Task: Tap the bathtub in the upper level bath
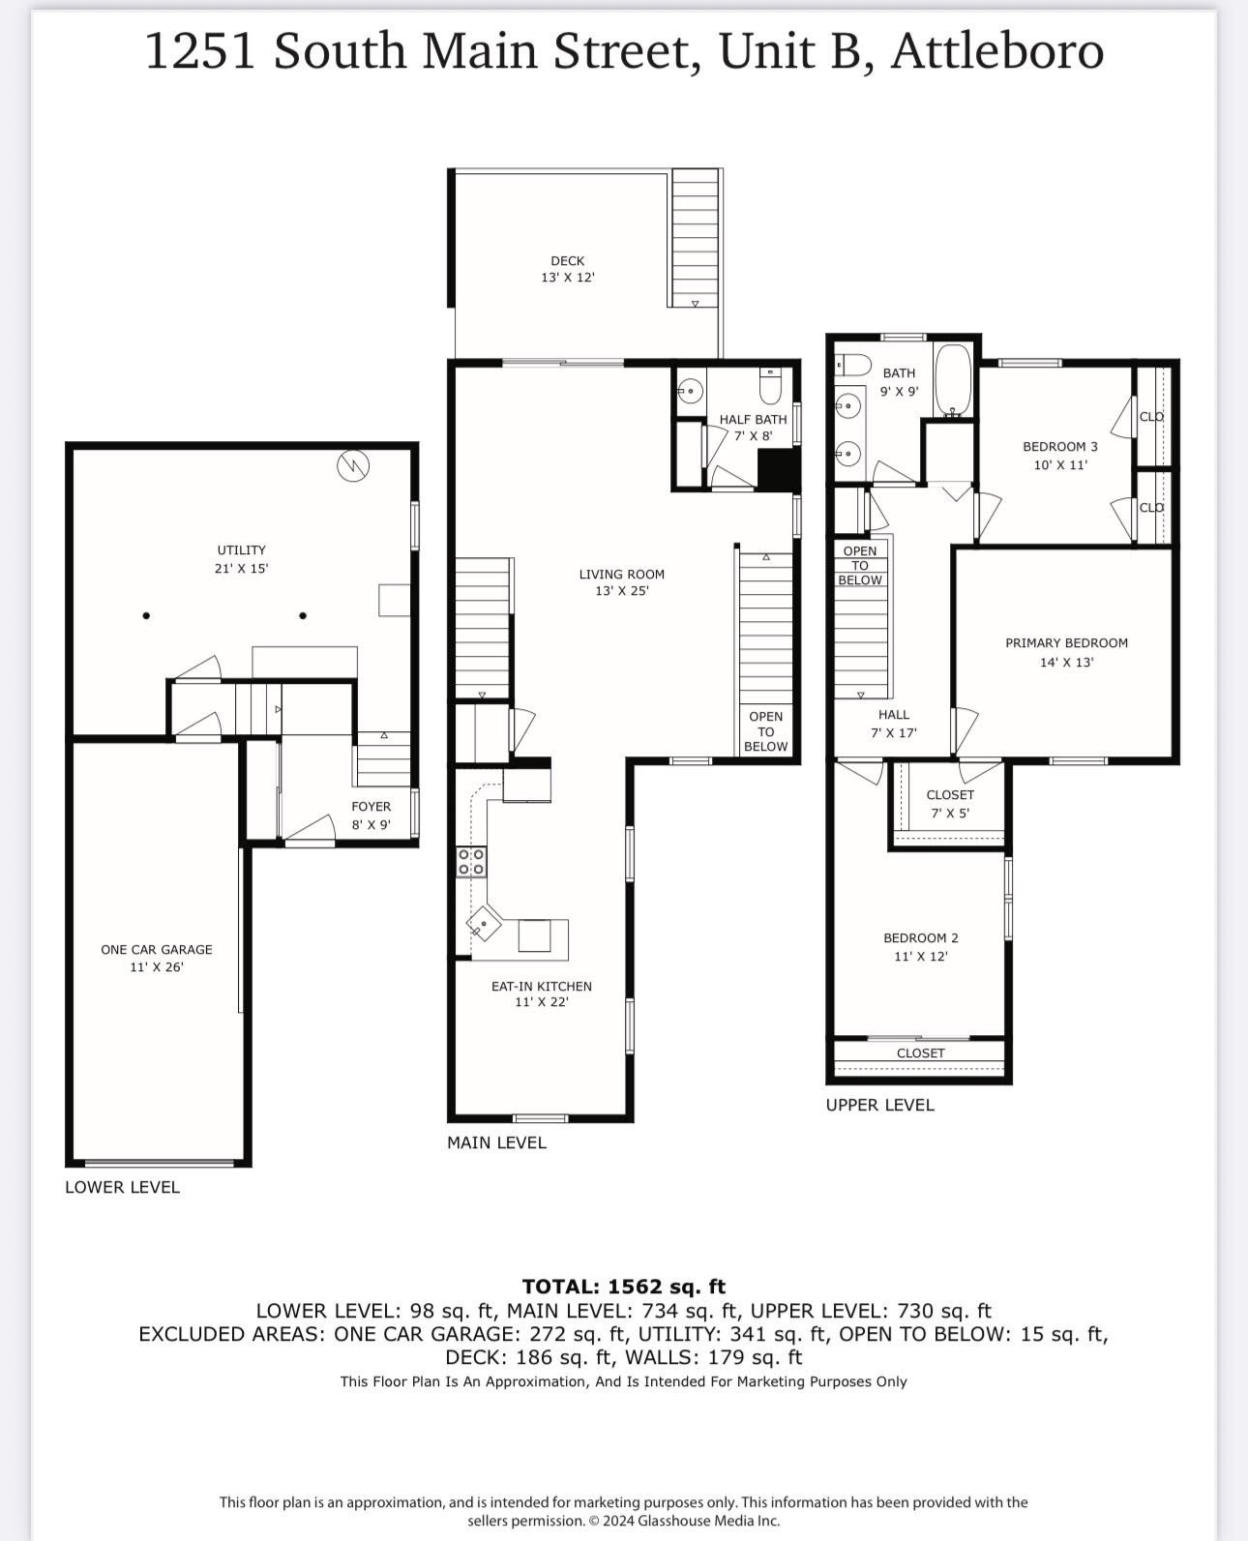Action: tap(953, 380)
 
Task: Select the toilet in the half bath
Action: tap(770, 387)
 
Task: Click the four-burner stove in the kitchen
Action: tap(471, 862)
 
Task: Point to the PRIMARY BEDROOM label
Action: tap(1066, 643)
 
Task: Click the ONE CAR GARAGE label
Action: tap(157, 950)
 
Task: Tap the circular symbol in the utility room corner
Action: tap(352, 466)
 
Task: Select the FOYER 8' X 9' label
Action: tap(371, 815)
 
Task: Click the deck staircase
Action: tap(695, 237)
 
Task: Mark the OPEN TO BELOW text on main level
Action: tap(765, 731)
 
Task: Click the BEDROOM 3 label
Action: tap(1060, 447)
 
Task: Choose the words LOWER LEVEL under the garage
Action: tap(122, 1187)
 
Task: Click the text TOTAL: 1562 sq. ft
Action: tap(623, 1287)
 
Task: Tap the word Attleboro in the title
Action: tap(996, 50)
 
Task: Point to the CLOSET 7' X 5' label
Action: tap(950, 803)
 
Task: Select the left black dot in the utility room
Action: tap(146, 615)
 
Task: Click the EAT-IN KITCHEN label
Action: tap(541, 987)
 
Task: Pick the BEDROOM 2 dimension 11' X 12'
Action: tap(920, 957)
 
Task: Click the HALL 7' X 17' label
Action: tap(894, 724)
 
